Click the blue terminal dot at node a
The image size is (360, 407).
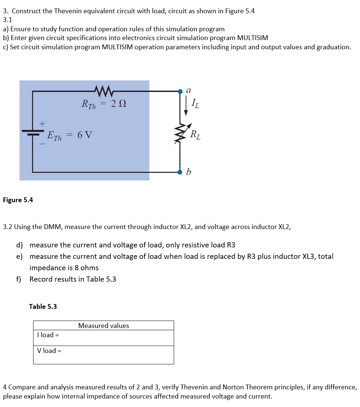pos(180,91)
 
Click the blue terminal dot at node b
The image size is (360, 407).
pos(180,172)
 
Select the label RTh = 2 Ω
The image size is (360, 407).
pos(104,104)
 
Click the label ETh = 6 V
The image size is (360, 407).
pos(70,136)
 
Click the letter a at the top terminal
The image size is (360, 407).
pos(188,90)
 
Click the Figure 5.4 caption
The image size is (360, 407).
pos(18,200)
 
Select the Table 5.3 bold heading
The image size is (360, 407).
pos(43,307)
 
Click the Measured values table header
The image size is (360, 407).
pos(104,326)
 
